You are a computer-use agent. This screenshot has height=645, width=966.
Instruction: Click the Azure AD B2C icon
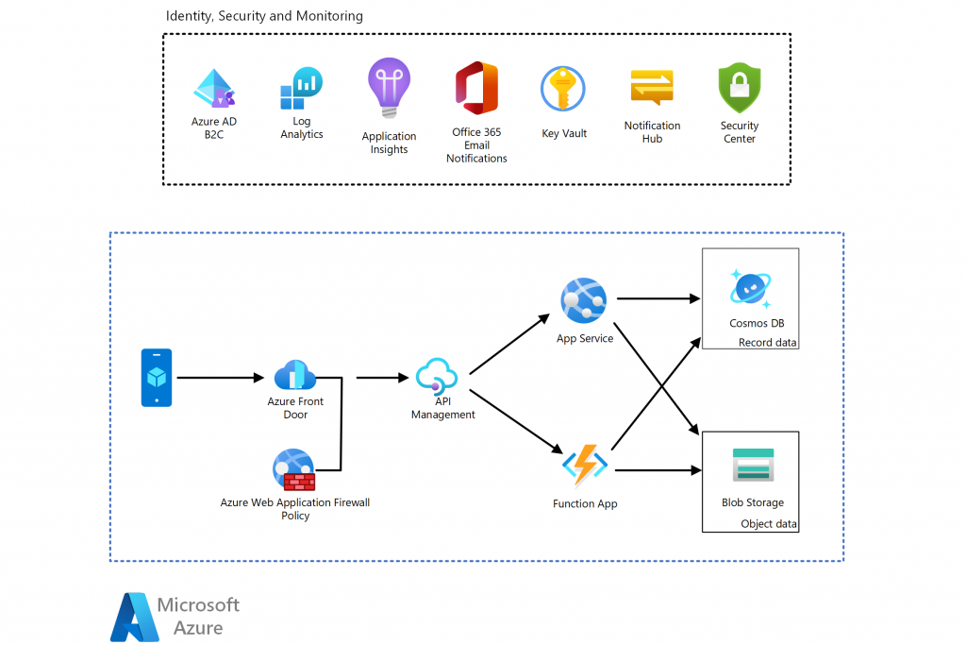[x=214, y=89]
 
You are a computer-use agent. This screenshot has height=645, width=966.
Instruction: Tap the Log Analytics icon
[x=301, y=89]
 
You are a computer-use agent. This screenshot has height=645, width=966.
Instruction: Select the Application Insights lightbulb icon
[x=389, y=88]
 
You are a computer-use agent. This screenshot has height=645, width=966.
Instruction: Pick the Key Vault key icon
[x=563, y=90]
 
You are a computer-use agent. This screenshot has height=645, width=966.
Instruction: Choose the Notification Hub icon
[x=652, y=89]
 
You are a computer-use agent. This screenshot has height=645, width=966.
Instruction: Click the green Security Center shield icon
[x=739, y=89]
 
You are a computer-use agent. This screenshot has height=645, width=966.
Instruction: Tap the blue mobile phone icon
[x=157, y=378]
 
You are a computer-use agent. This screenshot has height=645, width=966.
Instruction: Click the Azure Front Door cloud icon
[x=295, y=376]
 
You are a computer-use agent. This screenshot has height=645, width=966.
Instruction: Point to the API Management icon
[x=438, y=376]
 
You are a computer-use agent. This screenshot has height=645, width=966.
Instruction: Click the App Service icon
[x=583, y=301]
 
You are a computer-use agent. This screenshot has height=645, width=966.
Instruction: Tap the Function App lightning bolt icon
[x=585, y=466]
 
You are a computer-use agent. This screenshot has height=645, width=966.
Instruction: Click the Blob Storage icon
[x=753, y=467]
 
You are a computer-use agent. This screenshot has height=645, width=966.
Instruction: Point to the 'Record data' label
[x=768, y=343]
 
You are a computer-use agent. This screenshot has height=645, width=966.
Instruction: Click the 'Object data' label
[x=769, y=524]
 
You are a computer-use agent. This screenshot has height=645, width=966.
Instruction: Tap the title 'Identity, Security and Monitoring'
[x=264, y=16]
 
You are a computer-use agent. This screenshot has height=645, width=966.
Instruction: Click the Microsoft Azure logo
[x=175, y=617]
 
